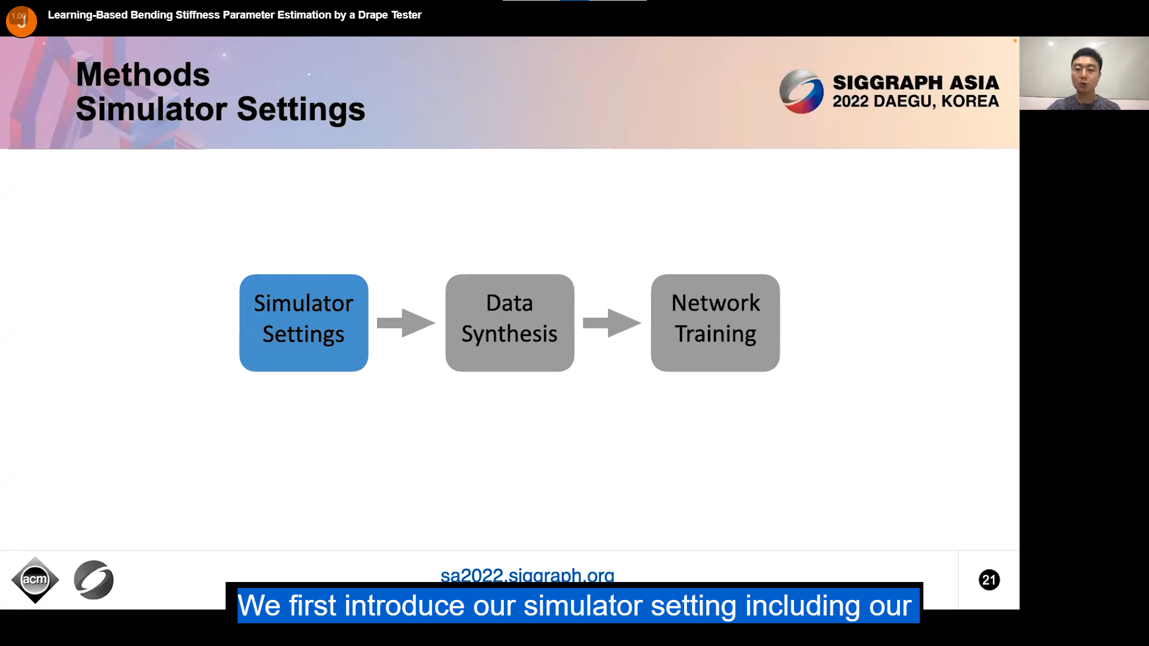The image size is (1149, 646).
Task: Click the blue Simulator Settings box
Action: [304, 323]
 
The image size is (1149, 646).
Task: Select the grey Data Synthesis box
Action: [510, 323]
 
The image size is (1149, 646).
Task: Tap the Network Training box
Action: [715, 323]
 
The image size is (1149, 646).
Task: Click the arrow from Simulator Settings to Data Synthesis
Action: [406, 323]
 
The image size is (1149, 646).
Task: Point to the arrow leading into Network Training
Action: [612, 323]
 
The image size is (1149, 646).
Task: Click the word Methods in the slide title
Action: [143, 75]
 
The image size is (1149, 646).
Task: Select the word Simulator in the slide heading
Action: [151, 109]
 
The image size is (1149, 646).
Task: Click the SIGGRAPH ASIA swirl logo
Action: [801, 92]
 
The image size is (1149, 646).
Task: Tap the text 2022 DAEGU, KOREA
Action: [916, 102]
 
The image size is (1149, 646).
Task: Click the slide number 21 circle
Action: [989, 580]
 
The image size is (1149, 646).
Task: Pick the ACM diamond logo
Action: [35, 580]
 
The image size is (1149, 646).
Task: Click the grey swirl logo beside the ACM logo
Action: [94, 580]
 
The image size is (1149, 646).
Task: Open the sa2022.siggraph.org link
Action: [527, 575]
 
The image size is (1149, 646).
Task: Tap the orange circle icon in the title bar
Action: [22, 22]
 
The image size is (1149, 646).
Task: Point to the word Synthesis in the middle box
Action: [509, 334]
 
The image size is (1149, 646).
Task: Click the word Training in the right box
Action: [716, 334]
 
